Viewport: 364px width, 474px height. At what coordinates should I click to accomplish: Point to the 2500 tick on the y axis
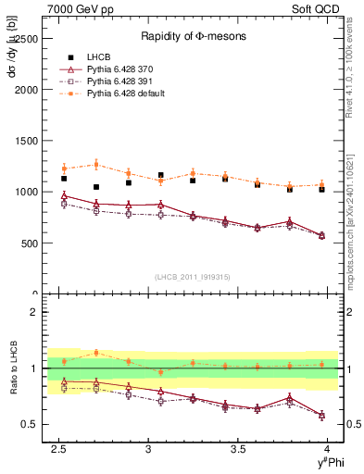click(26, 40)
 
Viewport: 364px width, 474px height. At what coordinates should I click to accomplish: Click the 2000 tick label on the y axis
click(26, 91)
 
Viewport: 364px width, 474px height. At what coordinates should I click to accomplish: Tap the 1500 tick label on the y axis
click(26, 142)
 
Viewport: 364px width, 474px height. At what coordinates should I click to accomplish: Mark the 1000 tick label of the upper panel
click(26, 193)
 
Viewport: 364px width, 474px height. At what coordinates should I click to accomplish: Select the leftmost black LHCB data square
click(64, 179)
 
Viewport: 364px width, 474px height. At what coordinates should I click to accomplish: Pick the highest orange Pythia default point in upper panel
click(96, 165)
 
